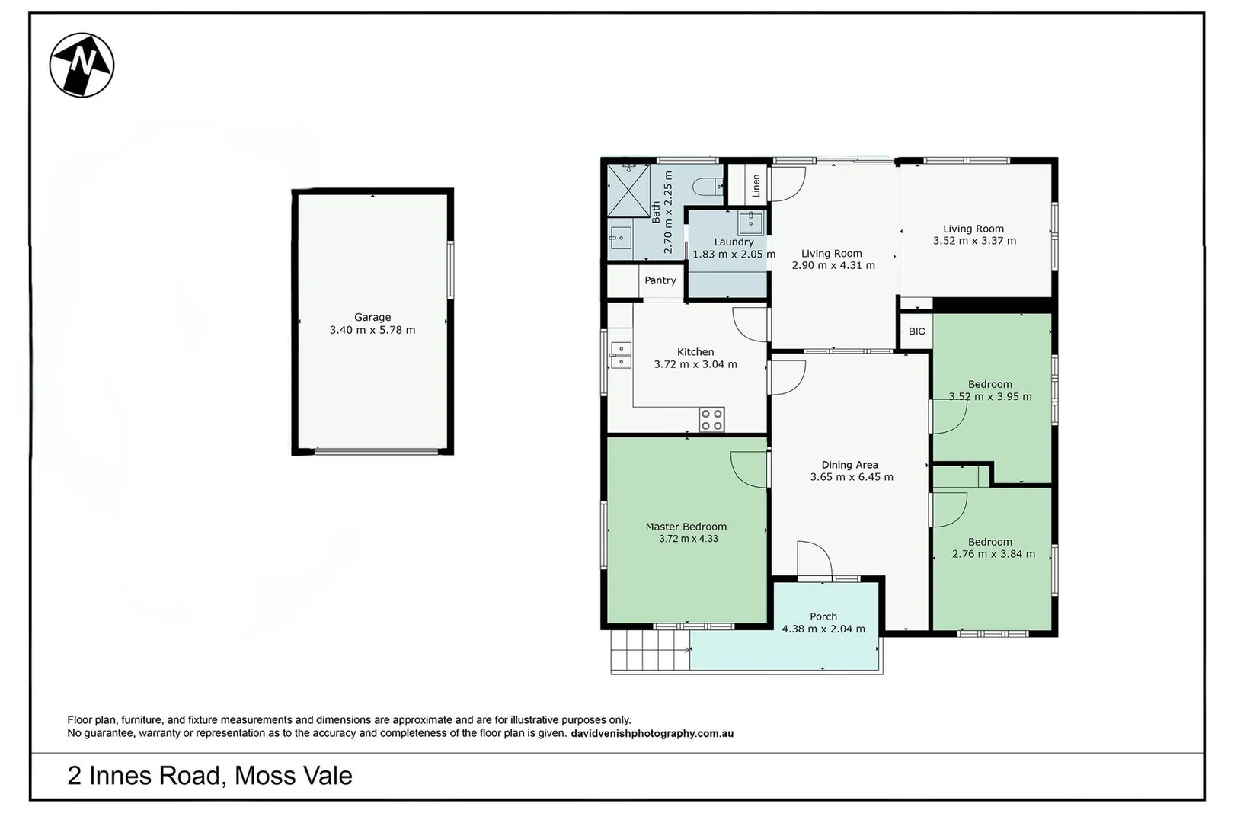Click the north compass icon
point(82,65)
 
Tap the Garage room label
point(372,317)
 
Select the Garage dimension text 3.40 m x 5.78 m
point(372,330)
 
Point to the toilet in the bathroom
point(709,185)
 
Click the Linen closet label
point(756,185)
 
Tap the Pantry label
point(660,280)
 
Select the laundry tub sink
point(750,223)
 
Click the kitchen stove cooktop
point(711,420)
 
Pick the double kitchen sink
point(620,355)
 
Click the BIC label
point(917,331)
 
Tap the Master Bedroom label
point(686,527)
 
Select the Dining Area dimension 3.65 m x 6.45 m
point(852,477)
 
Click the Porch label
point(823,616)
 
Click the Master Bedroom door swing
point(749,469)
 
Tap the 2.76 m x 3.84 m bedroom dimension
point(993,554)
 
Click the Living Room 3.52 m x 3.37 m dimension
point(974,241)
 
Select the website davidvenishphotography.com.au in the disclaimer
point(652,734)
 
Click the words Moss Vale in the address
point(293,776)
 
